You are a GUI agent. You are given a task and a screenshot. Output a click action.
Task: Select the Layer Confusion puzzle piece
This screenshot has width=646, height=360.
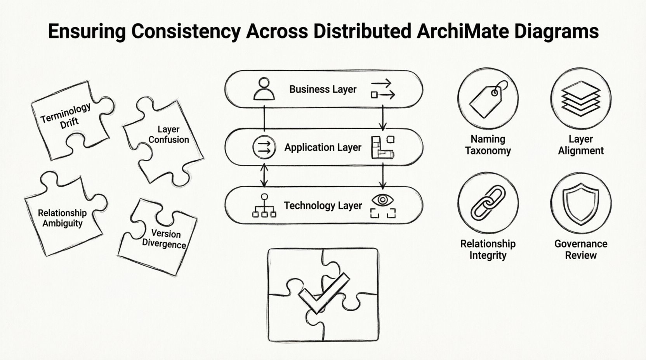coord(165,140)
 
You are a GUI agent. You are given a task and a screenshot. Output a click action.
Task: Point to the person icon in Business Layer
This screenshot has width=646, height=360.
coord(264,89)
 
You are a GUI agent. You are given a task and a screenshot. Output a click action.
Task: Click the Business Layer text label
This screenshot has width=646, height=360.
coord(323,89)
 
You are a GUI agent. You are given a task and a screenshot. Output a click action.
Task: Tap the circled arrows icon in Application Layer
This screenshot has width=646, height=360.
coord(264,147)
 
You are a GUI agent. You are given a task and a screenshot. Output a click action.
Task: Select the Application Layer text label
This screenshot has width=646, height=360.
coord(323,147)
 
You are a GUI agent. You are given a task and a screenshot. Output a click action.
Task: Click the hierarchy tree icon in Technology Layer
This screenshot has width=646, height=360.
coord(264,205)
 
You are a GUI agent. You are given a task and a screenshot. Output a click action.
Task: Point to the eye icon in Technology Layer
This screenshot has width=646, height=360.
coord(382,200)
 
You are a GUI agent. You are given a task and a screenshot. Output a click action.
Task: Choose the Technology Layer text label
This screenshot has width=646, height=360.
coord(323,206)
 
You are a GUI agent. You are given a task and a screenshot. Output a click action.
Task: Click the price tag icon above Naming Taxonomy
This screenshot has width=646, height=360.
coord(488,99)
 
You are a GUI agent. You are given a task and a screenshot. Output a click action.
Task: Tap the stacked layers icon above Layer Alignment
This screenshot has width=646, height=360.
coord(580,99)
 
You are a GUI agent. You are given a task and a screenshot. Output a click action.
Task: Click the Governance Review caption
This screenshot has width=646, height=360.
coord(580,249)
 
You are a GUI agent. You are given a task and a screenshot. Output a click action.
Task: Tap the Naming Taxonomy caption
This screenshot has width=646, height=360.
coord(488,145)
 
